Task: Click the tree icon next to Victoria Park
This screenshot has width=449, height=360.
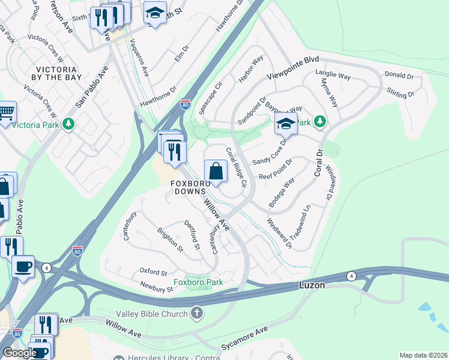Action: coord(70,124)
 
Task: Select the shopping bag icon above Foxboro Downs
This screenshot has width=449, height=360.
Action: coord(216,171)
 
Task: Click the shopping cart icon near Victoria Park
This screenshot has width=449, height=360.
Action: coord(6,112)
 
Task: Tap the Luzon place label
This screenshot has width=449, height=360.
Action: coord(312,286)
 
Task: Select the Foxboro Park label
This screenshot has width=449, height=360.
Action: coord(198,282)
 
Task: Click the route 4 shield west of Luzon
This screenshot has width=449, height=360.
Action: coord(350,276)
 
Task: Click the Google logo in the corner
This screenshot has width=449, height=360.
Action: coord(19,353)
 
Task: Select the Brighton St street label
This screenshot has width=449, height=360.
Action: coord(170,238)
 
